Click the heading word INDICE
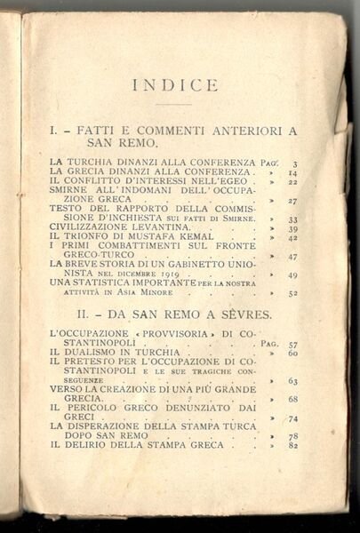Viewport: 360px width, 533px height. coord(174,85)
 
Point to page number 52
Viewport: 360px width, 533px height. coord(292,293)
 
